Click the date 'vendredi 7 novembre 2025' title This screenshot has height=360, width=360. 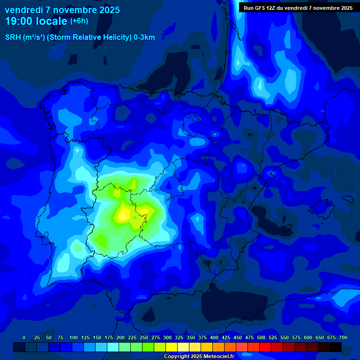[x=62, y=10]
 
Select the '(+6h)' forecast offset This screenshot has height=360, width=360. [x=79, y=21]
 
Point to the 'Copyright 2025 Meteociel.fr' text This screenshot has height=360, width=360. [x=199, y=357]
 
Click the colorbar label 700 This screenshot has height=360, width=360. [x=343, y=337]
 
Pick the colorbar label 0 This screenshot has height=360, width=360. [x=24, y=337]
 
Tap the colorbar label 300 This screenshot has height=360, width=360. [x=167, y=337]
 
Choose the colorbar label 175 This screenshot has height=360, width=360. [x=109, y=337]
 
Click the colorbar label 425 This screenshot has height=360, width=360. [x=226, y=337]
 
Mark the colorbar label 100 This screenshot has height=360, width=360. [x=74, y=337]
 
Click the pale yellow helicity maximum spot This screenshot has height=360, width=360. [x=123, y=214]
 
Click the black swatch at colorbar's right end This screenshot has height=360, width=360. [x=336, y=347]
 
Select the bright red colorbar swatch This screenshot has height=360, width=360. [x=265, y=347]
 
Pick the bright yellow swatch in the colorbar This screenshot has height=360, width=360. [x=172, y=347]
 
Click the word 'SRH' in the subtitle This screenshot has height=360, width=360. [x=13, y=37]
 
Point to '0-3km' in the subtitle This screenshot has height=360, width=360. [x=144, y=37]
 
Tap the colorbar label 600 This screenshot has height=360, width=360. [x=308, y=337]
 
